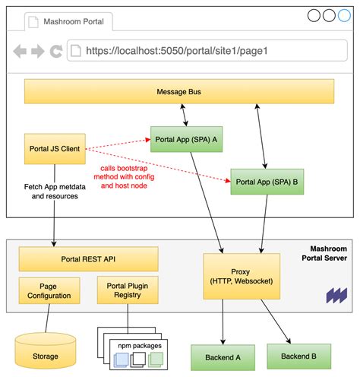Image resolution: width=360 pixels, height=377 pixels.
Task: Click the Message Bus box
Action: pos(178,92)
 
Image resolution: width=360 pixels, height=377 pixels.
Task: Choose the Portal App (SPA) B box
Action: pos(266,182)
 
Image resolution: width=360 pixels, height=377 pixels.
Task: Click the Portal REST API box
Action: pos(88,258)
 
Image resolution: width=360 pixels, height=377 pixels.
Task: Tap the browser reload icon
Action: pos(55,52)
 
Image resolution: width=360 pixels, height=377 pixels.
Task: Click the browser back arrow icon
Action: pos(21,52)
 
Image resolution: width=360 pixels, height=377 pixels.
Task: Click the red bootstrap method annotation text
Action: pos(128,176)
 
